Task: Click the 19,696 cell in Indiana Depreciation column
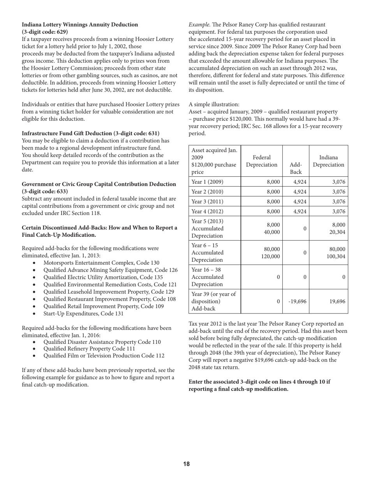point(337,301)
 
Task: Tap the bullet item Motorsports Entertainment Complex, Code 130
point(101,263)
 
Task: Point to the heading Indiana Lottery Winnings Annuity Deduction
point(80,25)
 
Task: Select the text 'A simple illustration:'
point(214,104)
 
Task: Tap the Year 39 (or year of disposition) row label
point(214,301)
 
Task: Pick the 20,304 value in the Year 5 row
point(337,232)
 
